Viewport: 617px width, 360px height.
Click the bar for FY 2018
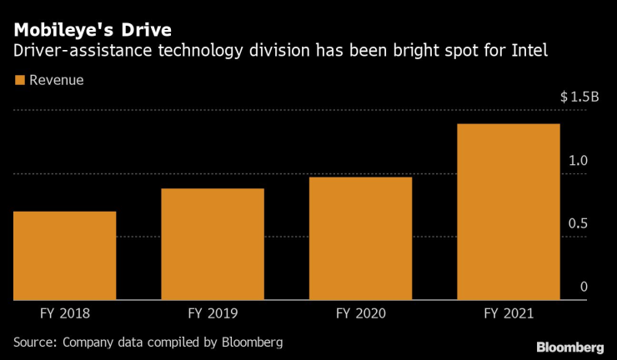coord(64,255)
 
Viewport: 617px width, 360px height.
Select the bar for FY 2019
coord(213,243)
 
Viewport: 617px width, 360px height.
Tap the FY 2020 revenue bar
coord(360,237)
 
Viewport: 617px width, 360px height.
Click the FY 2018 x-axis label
coord(64,314)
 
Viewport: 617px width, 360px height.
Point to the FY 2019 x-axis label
coord(213,314)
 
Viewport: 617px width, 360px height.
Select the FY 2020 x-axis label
coord(360,314)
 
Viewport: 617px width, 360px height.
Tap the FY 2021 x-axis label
coord(508,314)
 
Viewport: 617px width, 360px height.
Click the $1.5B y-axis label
coord(579,97)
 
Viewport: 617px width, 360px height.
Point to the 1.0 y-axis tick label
coord(578,160)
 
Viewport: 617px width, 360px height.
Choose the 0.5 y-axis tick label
coord(578,223)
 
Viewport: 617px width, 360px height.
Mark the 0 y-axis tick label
coord(584,286)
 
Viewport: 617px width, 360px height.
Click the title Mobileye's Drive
coord(93,32)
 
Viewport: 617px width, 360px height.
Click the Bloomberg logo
coord(569,347)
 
